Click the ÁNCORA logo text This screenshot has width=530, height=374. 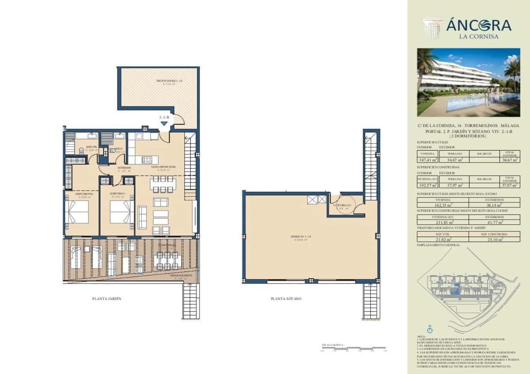coord(479,25)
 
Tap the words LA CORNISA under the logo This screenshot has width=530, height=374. coord(479,37)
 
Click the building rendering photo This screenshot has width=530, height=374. coord(469,82)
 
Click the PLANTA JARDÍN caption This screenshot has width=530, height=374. coord(106,299)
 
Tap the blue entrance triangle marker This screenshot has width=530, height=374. coord(164,123)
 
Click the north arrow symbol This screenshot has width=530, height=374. coord(429,329)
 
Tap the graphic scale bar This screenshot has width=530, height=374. coord(353,349)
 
